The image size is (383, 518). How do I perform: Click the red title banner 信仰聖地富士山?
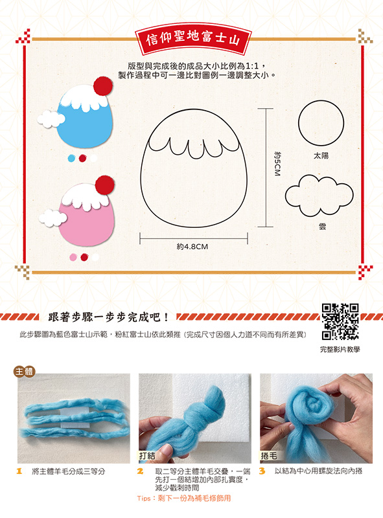click(193, 39)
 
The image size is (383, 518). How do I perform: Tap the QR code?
click(340, 322)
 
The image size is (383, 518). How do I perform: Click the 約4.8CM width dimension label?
click(192, 247)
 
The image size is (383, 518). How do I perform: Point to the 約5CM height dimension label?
click(277, 164)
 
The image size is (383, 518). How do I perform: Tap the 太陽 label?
click(321, 155)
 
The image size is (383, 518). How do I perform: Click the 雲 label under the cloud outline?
click(323, 227)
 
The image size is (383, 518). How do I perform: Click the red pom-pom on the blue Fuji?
click(103, 86)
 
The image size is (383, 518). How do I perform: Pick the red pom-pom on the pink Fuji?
click(104, 185)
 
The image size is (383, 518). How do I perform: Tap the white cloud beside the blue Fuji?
click(51, 119)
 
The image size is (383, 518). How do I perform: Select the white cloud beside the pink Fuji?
click(52, 218)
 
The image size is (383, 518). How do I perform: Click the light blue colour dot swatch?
click(71, 159)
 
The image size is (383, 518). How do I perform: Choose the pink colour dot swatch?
click(73, 257)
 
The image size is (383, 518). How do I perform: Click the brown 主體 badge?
click(24, 372)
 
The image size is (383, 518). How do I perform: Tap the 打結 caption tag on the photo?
click(147, 456)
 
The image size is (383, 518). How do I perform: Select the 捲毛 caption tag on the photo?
click(269, 456)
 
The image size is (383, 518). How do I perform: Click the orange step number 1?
click(19, 471)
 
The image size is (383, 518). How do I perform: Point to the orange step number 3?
click(262, 471)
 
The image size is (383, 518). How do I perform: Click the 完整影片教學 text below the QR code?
click(340, 350)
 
